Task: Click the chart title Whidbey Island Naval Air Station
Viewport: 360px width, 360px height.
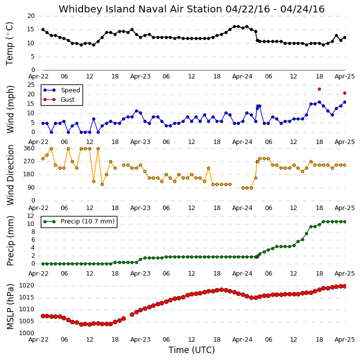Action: coord(140,9)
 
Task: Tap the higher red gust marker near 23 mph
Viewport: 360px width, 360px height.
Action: coord(319,89)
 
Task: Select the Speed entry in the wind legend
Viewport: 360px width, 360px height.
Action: coord(61,90)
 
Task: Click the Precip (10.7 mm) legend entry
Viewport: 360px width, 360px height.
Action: coord(79,221)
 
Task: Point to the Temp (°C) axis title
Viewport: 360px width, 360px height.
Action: coord(9,44)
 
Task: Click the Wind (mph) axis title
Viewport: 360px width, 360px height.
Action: coord(10,109)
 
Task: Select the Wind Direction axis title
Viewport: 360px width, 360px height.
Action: coord(10,175)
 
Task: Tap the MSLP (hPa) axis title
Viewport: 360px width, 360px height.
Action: coord(10,306)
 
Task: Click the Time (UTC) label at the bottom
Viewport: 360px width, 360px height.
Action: coord(191,350)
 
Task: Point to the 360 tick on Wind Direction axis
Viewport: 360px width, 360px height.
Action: coord(29,148)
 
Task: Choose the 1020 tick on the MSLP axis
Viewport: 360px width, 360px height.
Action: coord(26,286)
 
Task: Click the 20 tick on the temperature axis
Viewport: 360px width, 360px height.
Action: coord(31,16)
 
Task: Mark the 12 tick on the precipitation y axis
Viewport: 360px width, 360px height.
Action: coord(30,216)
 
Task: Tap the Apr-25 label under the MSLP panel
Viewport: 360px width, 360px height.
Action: coord(345,340)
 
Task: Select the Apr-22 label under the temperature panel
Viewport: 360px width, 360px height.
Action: coord(38,76)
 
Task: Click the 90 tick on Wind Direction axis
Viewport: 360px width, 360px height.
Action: coord(31,188)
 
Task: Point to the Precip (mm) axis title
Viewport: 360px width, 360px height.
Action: coord(10,241)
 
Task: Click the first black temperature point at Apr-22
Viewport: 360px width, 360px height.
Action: coord(43,30)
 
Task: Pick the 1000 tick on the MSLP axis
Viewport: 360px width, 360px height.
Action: coord(26,333)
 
